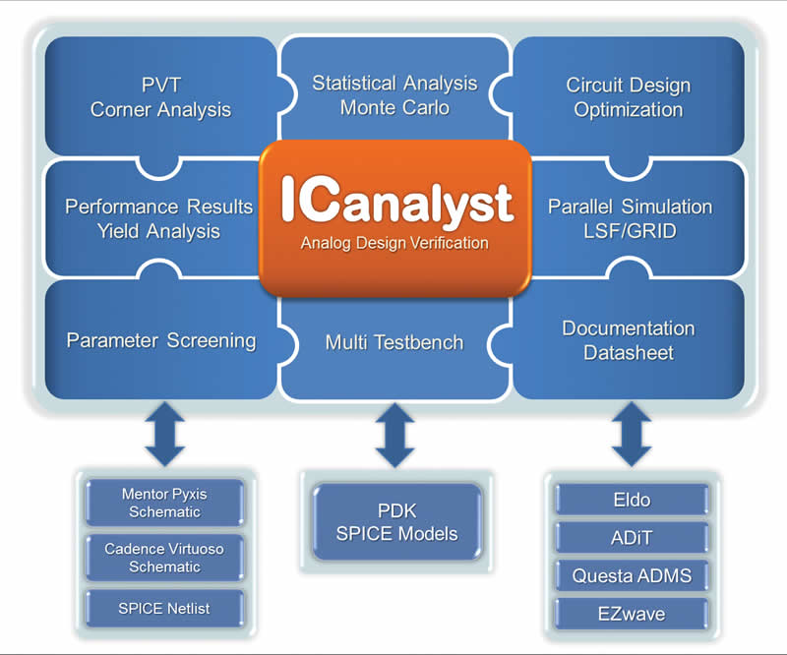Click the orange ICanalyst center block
pos(395,217)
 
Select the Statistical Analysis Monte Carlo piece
pos(395,90)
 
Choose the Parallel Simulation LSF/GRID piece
pos(637,218)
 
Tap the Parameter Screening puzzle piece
pos(160,340)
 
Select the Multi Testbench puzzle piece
pos(395,346)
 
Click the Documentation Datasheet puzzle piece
pos(629,340)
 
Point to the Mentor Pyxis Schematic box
pos(164,503)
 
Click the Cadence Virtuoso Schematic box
pos(164,558)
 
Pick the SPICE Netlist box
pos(164,609)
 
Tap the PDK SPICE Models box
pos(396,522)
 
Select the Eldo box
pos(632,500)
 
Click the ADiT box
pos(632,538)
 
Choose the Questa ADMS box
pos(632,575)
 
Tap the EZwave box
pos(632,614)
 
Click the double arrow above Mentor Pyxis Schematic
pos(165,434)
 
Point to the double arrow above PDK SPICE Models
pos(395,435)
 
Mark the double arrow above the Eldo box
pos(632,434)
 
